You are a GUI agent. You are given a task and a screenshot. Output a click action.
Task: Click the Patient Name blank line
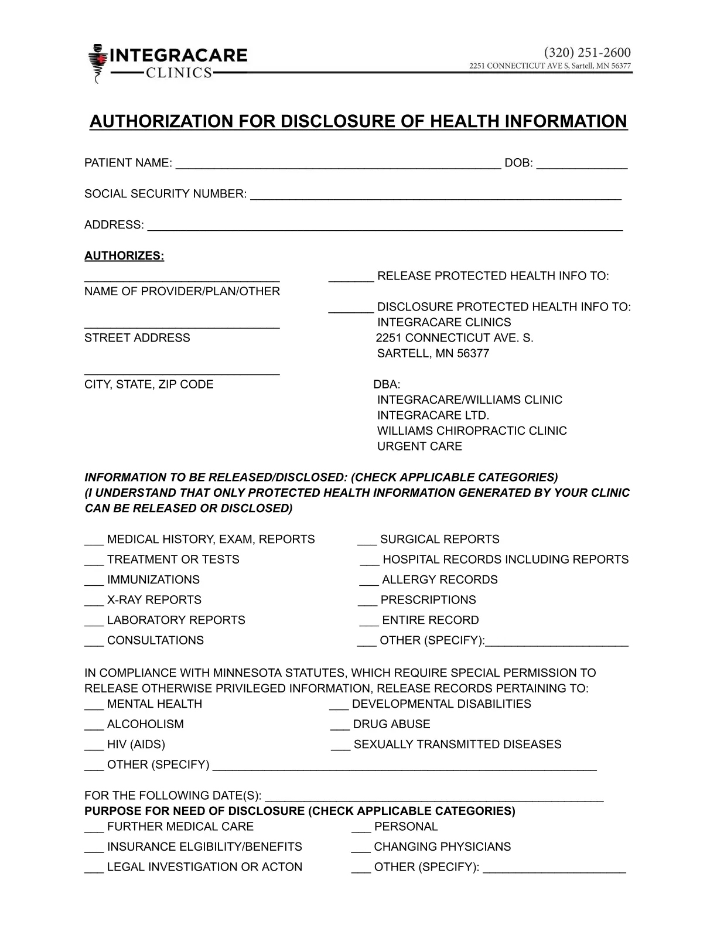pos(338,164)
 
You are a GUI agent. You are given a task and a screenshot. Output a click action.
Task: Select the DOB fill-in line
pos(582,164)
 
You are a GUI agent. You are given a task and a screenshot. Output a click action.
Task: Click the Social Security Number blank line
pos(435,195)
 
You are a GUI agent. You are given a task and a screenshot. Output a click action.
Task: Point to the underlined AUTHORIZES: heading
pos(124,256)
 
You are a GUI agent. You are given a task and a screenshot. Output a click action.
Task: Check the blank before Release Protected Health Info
pos(351,277)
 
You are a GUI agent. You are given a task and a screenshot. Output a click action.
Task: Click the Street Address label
pos(137,338)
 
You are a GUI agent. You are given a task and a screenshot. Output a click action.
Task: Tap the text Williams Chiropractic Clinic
pos(472,431)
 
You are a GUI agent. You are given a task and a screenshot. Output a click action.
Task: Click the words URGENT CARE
pos(419,446)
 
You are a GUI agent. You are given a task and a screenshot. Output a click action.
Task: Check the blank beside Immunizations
pos(94,581)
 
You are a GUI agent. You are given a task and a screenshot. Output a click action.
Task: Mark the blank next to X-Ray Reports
pos(94,602)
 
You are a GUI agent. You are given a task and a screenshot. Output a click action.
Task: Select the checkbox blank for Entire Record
pos(369,622)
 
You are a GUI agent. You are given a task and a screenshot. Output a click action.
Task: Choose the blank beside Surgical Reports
pos(367,541)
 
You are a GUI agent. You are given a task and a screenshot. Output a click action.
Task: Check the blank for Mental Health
pos(94,705)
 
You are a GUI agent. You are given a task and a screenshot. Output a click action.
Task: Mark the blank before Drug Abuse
pos(340,726)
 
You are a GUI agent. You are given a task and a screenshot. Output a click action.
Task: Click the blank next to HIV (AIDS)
pos(94,746)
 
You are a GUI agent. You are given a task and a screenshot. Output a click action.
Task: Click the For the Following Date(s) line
pos(434,797)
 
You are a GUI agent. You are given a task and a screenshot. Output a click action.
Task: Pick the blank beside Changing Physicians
pos(361,848)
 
